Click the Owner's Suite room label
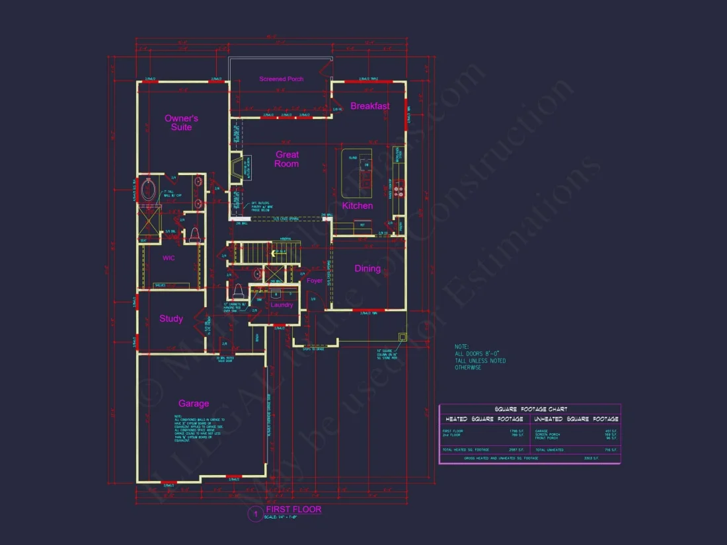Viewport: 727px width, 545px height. coord(181,123)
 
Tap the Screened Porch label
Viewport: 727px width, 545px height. coord(282,79)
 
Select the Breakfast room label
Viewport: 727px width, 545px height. coord(370,106)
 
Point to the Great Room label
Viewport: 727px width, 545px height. coord(287,159)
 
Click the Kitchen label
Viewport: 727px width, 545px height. coord(358,205)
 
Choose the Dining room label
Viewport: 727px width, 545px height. coord(367,268)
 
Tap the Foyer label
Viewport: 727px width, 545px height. coord(315,281)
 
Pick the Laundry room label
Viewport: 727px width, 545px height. coord(282,305)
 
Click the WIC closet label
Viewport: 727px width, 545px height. coord(169,258)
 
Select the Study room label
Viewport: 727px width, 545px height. coord(171,318)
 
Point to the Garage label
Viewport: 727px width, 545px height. coord(194,403)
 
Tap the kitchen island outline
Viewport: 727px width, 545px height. coord(357,173)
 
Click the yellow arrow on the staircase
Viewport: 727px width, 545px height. coord(272,252)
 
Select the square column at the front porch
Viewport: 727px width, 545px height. coord(402,336)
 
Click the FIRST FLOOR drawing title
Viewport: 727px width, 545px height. coord(293,509)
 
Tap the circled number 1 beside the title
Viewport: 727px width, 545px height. coord(254,514)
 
